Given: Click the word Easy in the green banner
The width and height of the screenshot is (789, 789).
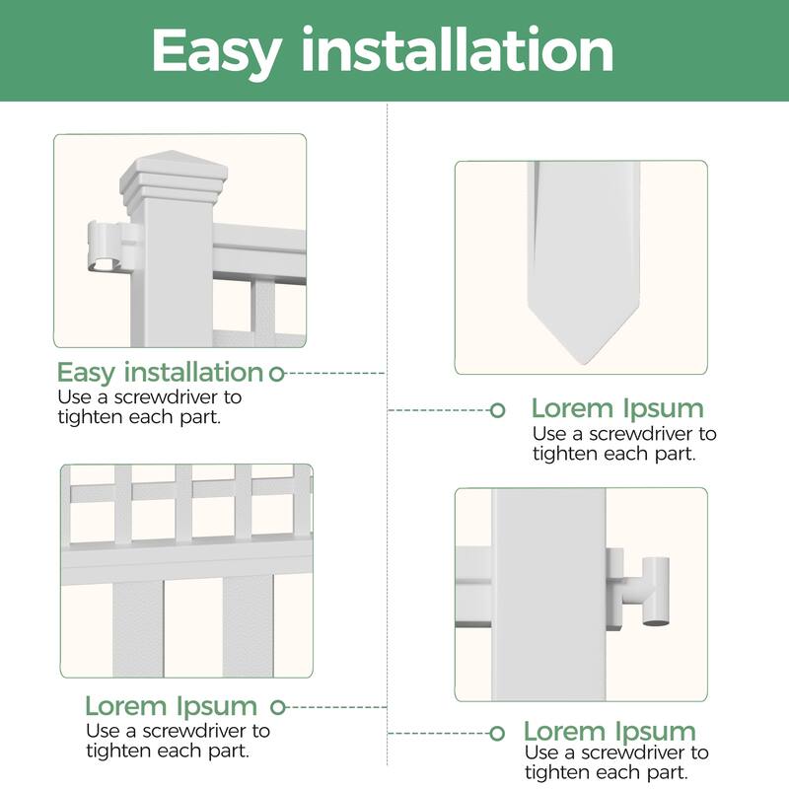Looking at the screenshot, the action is (215, 51).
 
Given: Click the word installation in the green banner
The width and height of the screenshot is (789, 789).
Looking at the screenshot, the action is (458, 49).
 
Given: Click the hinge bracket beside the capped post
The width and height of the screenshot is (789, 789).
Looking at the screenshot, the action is (112, 247).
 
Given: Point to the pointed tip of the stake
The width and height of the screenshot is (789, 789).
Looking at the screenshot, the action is (583, 362).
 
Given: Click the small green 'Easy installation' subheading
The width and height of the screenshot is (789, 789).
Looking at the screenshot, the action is (160, 373).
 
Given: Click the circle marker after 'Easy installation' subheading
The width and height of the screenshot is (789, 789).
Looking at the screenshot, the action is (277, 374).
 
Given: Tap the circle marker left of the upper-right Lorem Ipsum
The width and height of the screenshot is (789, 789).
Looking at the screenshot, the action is (497, 410).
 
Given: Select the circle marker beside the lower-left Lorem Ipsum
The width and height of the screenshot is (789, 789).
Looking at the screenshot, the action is (278, 707).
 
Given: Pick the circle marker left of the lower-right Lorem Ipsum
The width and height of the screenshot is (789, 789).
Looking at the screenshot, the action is (497, 733).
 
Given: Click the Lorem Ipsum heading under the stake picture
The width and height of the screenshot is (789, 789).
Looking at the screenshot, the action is (617, 408).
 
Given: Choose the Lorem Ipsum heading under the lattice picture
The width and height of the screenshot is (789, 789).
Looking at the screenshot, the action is (171, 706).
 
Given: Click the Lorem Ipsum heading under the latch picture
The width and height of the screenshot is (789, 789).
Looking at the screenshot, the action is (610, 731).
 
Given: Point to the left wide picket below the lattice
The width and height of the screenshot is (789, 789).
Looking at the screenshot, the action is (138, 630).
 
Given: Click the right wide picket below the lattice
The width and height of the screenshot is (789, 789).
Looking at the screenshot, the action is (249, 627).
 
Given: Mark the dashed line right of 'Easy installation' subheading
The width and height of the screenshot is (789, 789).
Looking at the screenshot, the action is (335, 374).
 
